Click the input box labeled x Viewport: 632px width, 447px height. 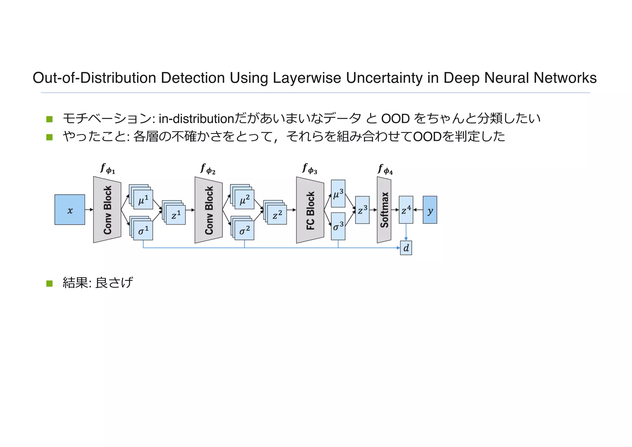tap(70, 210)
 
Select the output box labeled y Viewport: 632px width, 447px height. tap(430, 210)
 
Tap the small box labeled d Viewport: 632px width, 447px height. tap(406, 248)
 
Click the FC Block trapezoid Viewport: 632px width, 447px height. tap(310, 210)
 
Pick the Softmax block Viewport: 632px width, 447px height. tap(384, 210)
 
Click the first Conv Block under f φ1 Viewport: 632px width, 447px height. tap(107, 210)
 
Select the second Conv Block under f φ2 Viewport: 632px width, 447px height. tap(208, 210)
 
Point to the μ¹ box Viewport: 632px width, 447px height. tap(143, 200)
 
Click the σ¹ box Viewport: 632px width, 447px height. tap(143, 230)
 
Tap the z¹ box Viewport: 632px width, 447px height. tap(176, 215)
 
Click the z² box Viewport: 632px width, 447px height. tap(277, 215)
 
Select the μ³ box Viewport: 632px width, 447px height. tap(338, 194)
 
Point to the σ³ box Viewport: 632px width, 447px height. tap(338, 226)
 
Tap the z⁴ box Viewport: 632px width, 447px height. tap(406, 210)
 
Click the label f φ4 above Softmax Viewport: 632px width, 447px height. tap(385, 170)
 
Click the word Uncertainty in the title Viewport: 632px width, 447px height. tap(385, 78)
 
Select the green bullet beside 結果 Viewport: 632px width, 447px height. tap(49, 283)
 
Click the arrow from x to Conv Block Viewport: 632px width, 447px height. tap(89, 210)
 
